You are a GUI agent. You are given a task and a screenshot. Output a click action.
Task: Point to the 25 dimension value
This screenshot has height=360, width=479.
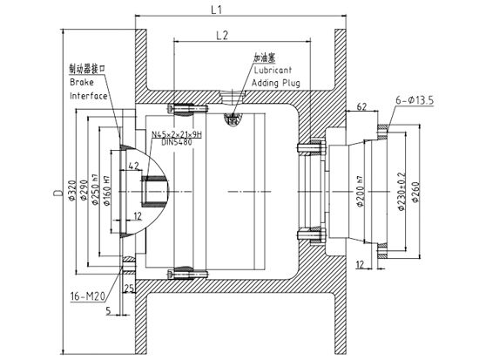[128, 288]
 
